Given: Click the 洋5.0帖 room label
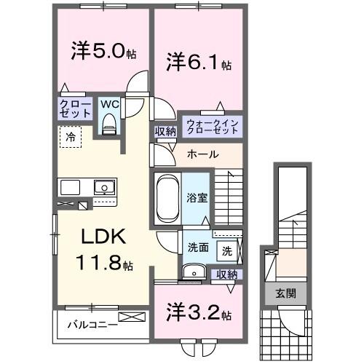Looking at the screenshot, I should pyautogui.click(x=101, y=52).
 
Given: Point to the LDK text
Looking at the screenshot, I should pyautogui.click(x=103, y=239).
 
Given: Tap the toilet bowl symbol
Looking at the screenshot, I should pyautogui.click(x=110, y=125).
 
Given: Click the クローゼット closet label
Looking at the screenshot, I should pyautogui.click(x=75, y=109).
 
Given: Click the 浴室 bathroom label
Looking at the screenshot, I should pyautogui.click(x=197, y=197).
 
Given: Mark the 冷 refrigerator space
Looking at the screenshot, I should pyautogui.click(x=71, y=136).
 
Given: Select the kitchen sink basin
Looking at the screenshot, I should pyautogui.click(x=104, y=188).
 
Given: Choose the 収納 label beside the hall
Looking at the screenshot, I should pyautogui.click(x=165, y=131).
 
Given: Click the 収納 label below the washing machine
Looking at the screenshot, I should pyautogui.click(x=226, y=274).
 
